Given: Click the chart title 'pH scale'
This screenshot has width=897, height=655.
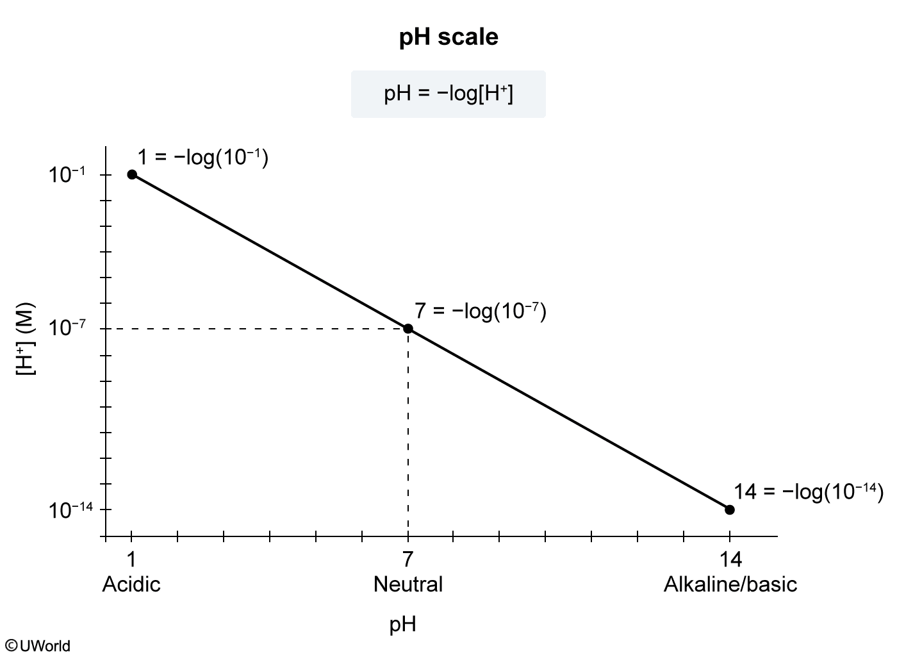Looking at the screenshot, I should [448, 37].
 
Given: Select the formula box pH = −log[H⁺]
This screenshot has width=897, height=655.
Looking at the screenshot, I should [448, 94].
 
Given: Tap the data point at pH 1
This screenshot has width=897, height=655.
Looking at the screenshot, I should [132, 174].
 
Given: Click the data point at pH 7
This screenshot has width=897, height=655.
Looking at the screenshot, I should [408, 329].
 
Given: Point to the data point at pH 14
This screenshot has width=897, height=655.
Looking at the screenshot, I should [729, 510].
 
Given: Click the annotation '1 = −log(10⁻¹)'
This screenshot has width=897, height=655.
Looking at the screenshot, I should [202, 158].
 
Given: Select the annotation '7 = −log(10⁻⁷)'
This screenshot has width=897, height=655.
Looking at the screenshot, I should [480, 311].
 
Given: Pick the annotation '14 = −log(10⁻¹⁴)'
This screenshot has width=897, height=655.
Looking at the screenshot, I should [808, 492].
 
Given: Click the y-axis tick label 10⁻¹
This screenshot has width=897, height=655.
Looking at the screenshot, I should [70, 174].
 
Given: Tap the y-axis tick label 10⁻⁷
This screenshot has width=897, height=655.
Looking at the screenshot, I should [70, 329].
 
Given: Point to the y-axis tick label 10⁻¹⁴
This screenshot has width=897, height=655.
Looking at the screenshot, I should [70, 510].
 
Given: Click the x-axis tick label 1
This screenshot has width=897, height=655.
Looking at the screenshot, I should [131, 560].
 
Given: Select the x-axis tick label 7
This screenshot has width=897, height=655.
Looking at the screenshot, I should [408, 560].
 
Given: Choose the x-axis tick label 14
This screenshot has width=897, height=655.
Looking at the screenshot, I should [730, 560].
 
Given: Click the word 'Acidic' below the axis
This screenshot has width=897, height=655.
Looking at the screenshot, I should [131, 585].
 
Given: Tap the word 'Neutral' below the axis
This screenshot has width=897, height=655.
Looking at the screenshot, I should [408, 585].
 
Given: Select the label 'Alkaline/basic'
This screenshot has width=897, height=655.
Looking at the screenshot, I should [730, 585].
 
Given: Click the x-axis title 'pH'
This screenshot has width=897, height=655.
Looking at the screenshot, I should [403, 624].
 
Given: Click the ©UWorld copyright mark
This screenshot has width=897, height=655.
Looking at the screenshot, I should [38, 645].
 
